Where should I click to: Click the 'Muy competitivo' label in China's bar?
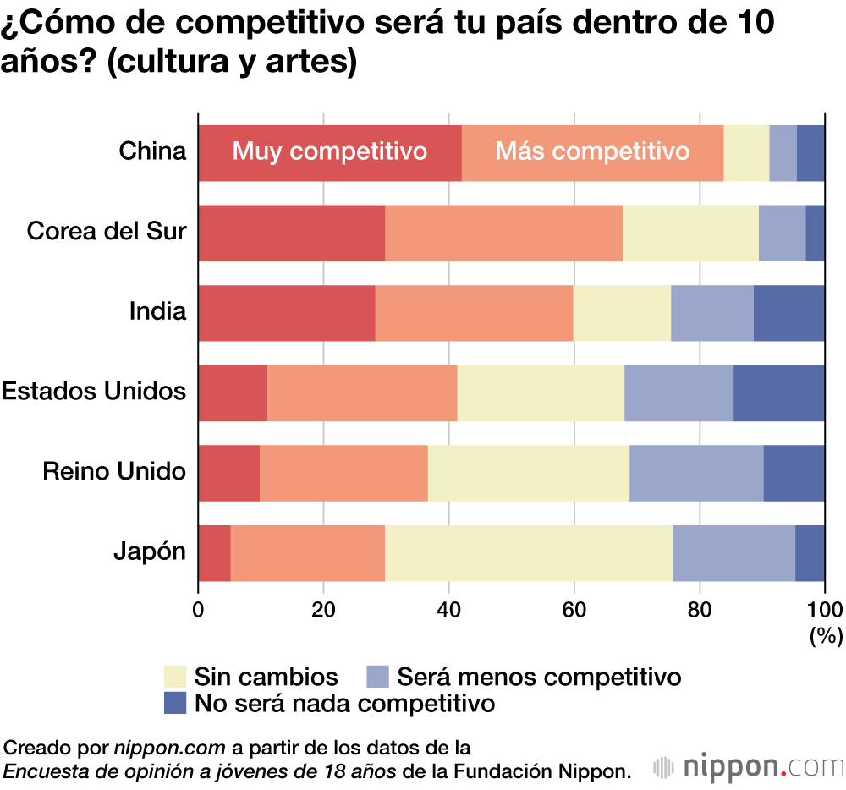pos(330,152)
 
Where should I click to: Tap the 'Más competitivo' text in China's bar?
pos(592,152)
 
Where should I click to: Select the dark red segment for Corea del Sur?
pos(292,233)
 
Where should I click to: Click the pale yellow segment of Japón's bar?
pos(529,552)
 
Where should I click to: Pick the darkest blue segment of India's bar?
pos(788,313)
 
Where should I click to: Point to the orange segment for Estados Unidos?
pos(362,392)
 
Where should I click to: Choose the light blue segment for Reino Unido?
pos(696,472)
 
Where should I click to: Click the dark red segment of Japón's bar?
pos(214,552)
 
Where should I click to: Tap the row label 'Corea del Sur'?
pos(107,231)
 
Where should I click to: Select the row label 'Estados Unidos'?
pos(94,392)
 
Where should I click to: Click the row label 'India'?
pos(157,311)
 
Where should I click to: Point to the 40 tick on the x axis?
pos(448,609)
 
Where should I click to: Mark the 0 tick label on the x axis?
pos(199,609)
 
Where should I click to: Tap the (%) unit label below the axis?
pos(825,635)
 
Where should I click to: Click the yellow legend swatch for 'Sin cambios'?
pos(174,677)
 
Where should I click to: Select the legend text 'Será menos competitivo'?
pos(539,677)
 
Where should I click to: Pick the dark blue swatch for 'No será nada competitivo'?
pos(174,703)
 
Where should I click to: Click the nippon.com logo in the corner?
pos(749,766)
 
